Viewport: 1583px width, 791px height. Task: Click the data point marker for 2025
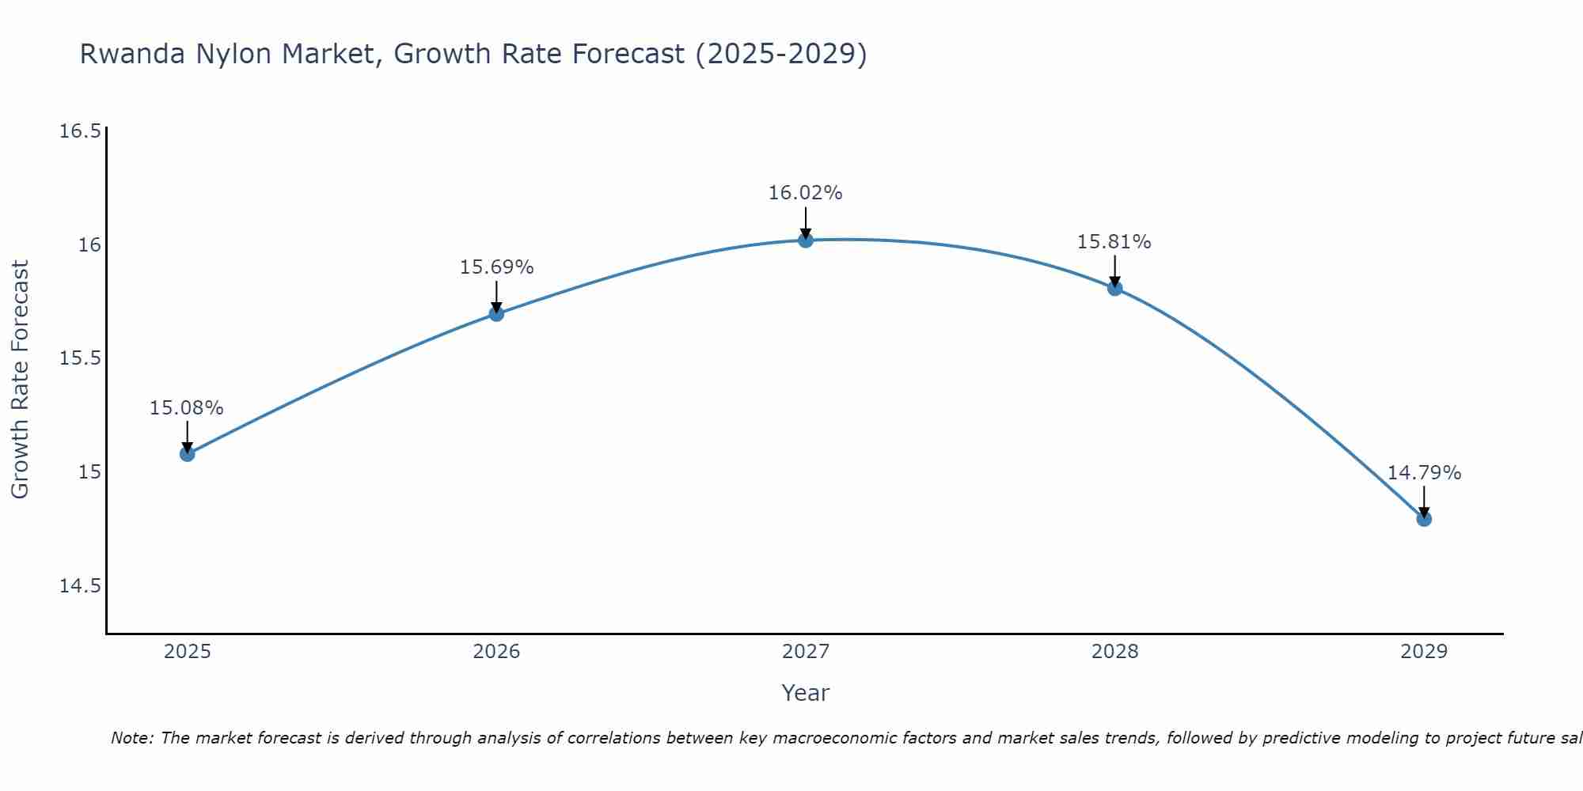coord(188,453)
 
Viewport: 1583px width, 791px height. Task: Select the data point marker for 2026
coord(496,314)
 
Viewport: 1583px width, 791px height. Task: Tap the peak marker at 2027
coord(806,240)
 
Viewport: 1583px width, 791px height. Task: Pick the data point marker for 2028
coord(1114,288)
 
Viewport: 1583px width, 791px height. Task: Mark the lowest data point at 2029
coord(1424,519)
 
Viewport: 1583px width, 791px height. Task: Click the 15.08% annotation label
coord(187,408)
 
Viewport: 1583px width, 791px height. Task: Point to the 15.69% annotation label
coord(496,267)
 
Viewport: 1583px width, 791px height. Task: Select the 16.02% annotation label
coord(806,193)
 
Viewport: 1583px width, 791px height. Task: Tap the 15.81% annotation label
coord(1114,242)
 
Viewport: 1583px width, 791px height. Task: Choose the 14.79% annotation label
coord(1424,473)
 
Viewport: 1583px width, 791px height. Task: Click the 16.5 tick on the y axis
coord(81,131)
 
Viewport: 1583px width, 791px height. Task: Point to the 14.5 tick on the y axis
coord(81,586)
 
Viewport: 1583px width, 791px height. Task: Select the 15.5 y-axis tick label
coord(81,358)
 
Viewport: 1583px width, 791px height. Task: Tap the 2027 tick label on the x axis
coord(806,652)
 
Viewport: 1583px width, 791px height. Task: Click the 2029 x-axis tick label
coord(1424,652)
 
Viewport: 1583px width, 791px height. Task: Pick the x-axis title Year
coord(806,693)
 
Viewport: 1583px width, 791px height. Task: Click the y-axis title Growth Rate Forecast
coord(21,380)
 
